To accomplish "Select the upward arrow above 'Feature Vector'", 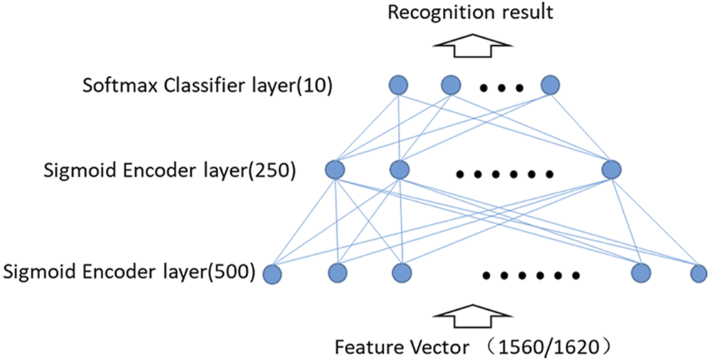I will (x=473, y=313).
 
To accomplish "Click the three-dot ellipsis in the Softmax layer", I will (x=501, y=89).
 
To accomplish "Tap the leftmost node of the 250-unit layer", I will (x=335, y=170).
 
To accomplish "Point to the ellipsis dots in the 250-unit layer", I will (x=504, y=174).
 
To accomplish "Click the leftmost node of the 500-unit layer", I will (x=273, y=273).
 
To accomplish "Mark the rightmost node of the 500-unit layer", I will (x=698, y=272).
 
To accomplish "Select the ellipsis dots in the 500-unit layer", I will (x=530, y=275).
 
